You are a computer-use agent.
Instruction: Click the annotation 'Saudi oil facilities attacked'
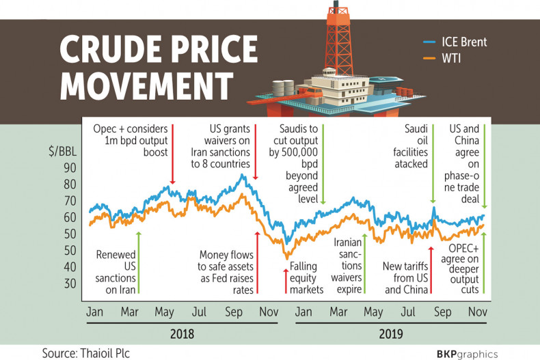[416, 146]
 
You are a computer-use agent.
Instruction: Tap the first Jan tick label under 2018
[95, 312]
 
